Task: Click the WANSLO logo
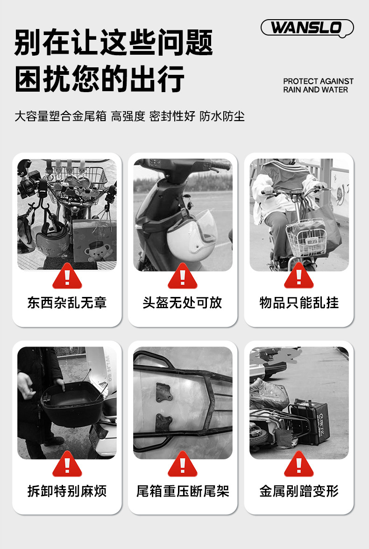[307, 28]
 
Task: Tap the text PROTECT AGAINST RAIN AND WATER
[318, 86]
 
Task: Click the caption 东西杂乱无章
[67, 303]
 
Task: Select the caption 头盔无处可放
[182, 303]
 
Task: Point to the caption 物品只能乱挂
[299, 303]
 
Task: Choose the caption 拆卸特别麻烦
[67, 491]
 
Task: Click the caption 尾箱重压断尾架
[183, 491]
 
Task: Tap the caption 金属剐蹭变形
[299, 491]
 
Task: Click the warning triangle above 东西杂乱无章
[67, 276]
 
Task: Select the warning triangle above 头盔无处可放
[183, 276]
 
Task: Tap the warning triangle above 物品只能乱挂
[299, 276]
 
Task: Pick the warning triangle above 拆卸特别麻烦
[67, 465]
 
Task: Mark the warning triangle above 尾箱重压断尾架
[183, 465]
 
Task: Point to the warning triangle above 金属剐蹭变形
[299, 465]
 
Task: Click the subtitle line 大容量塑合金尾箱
[60, 116]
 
